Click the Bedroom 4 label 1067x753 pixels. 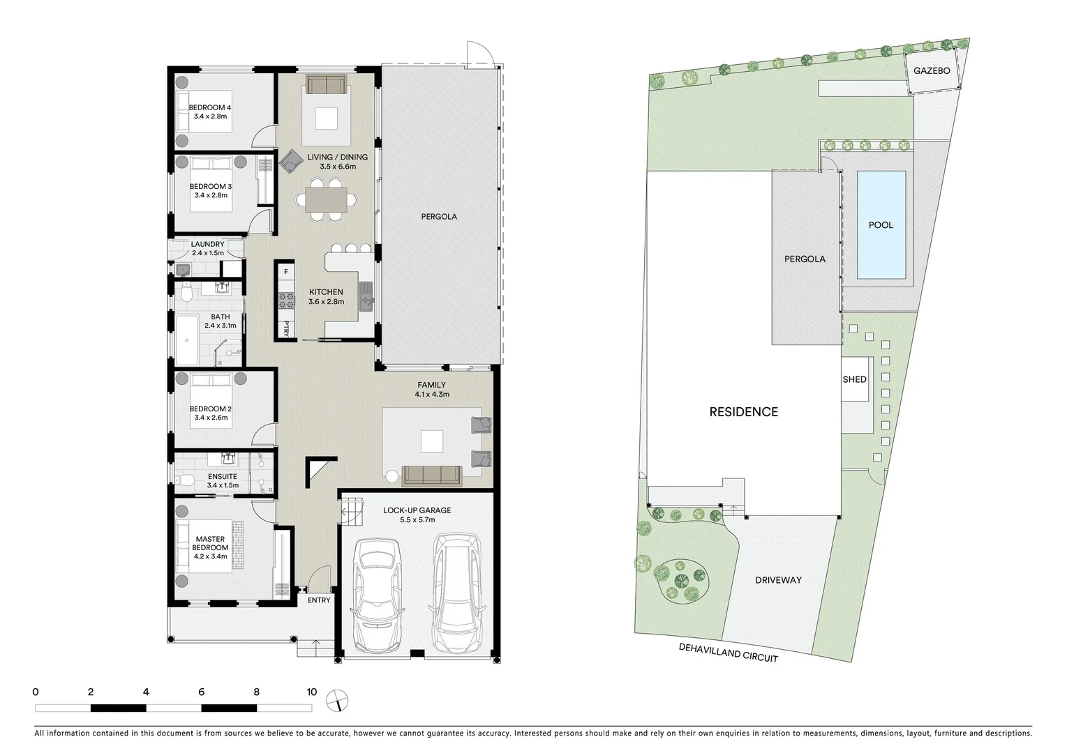(x=210, y=107)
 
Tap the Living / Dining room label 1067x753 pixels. (x=337, y=158)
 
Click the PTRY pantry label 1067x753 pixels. (x=286, y=328)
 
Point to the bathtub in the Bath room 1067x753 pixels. (x=187, y=341)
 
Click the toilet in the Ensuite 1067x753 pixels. (x=185, y=480)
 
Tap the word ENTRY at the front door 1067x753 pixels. (x=319, y=600)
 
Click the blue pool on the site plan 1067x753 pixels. (x=881, y=225)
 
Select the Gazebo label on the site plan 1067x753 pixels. (x=932, y=71)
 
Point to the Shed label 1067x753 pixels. (x=854, y=379)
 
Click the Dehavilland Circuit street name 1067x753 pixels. (x=728, y=653)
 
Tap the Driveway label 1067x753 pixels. (x=778, y=580)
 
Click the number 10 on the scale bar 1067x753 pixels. (x=311, y=692)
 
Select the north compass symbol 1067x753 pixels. (x=338, y=699)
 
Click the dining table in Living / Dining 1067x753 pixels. (x=326, y=200)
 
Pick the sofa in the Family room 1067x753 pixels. (x=431, y=476)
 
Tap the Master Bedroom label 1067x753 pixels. (x=210, y=543)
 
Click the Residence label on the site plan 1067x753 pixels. (x=743, y=412)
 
